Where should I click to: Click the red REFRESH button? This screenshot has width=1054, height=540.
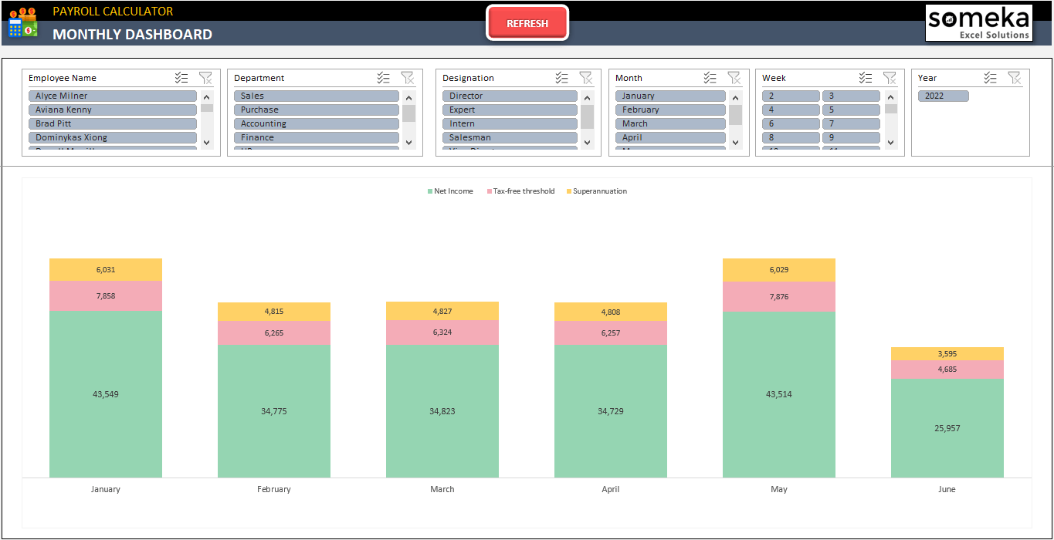pyautogui.click(x=527, y=23)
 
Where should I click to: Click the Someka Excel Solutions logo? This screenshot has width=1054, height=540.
pyautogui.click(x=979, y=22)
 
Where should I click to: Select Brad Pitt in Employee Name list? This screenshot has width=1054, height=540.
pyautogui.click(x=113, y=123)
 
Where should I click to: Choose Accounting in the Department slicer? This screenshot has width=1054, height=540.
pyautogui.click(x=316, y=123)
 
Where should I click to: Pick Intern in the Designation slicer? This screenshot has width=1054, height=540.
pyautogui.click(x=509, y=123)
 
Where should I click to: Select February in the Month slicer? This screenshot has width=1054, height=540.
pyautogui.click(x=669, y=110)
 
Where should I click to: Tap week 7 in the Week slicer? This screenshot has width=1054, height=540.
pyautogui.click(x=850, y=123)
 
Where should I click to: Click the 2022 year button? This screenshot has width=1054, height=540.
pyautogui.click(x=943, y=96)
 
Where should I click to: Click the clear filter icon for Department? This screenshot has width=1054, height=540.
pyautogui.click(x=407, y=78)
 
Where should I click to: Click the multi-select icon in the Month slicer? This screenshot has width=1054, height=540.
pyautogui.click(x=710, y=78)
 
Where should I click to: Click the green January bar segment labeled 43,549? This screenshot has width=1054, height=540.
pyautogui.click(x=106, y=394)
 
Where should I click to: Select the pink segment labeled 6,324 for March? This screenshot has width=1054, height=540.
pyautogui.click(x=442, y=332)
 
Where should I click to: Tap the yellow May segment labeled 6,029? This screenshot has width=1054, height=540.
pyautogui.click(x=779, y=270)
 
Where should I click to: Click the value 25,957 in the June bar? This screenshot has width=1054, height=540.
pyautogui.click(x=947, y=428)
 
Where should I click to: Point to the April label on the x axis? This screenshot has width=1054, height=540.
pyautogui.click(x=611, y=489)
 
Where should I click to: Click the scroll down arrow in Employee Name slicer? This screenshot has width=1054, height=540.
pyautogui.click(x=206, y=142)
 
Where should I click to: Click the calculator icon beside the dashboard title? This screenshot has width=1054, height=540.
pyautogui.click(x=22, y=24)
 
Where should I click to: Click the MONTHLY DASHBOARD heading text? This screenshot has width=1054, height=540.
pyautogui.click(x=132, y=34)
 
